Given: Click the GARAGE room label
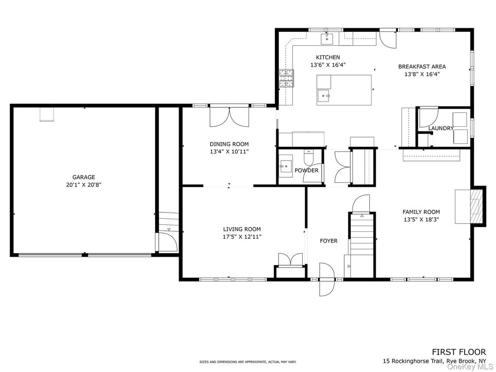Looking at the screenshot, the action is tap(83, 177).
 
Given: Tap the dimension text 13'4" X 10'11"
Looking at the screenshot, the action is tap(229, 151).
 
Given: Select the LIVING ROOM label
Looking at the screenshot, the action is tap(242, 229).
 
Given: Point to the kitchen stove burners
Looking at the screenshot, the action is tap(286, 78).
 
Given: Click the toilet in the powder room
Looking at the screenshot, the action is tap(308, 156).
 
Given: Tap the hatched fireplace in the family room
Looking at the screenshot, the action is tap(475, 206).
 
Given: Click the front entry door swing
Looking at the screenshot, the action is tap(327, 279).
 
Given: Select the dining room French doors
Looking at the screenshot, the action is tap(229, 117).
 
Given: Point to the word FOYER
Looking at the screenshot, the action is tap(329, 241).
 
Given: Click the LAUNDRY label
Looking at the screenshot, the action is tap(441, 129).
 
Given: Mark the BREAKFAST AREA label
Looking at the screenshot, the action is tap(422, 67).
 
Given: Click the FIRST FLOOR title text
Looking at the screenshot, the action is tap(459, 352).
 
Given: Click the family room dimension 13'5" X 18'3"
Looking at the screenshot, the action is tap(422, 219).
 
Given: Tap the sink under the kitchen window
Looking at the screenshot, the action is tap(327, 39).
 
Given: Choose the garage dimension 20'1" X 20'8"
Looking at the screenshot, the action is tap(83, 185).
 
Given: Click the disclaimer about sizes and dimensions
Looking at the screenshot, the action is tap(248, 361).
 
